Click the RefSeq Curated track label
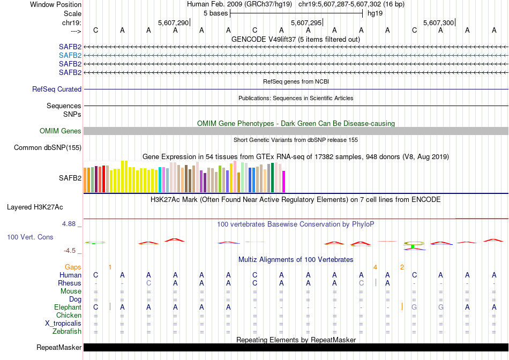tap(57, 89)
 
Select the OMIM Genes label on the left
tap(61, 131)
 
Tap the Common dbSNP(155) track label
tap(48, 148)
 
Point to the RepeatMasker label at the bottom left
tap(59, 348)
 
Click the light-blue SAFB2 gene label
tap(70, 55)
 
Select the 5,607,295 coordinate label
tap(306, 23)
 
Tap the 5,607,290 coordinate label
tap(174, 23)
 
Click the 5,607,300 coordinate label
tap(438, 23)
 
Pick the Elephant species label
tap(68, 307)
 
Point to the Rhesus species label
tap(70, 283)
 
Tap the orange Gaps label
tap(73, 267)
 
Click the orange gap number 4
tap(375, 267)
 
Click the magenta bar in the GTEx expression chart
tap(284, 182)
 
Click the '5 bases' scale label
tap(215, 13)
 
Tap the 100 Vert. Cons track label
tap(30, 237)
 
